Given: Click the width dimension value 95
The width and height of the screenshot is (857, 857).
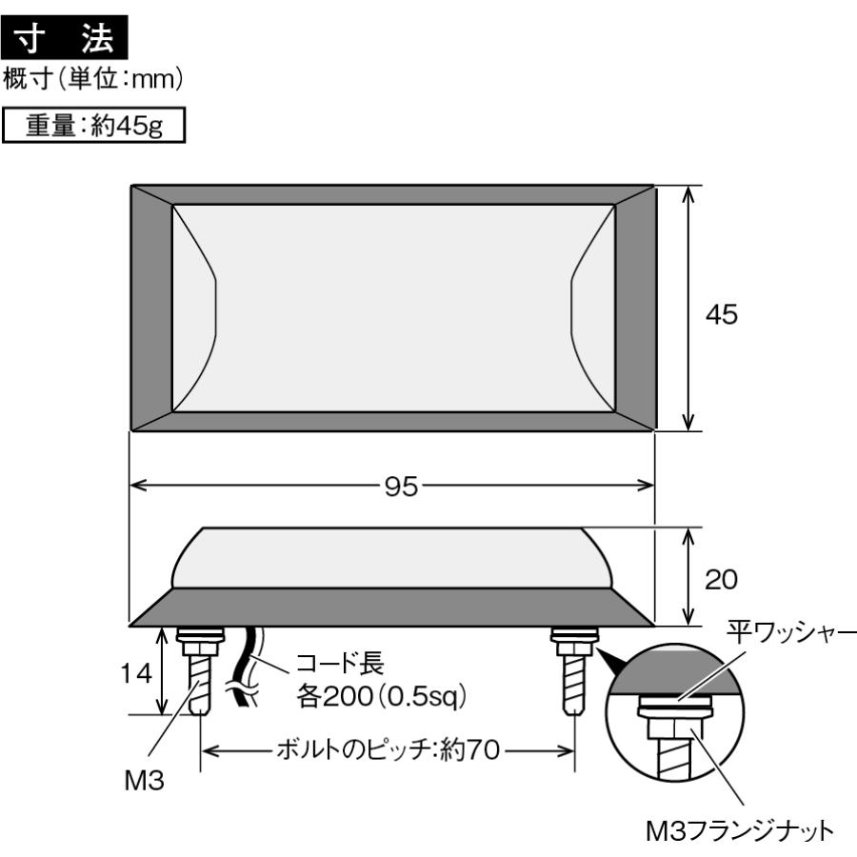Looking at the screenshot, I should pyautogui.click(x=393, y=486).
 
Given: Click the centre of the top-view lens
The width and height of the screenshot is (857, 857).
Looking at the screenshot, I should pyautogui.click(x=392, y=308).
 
